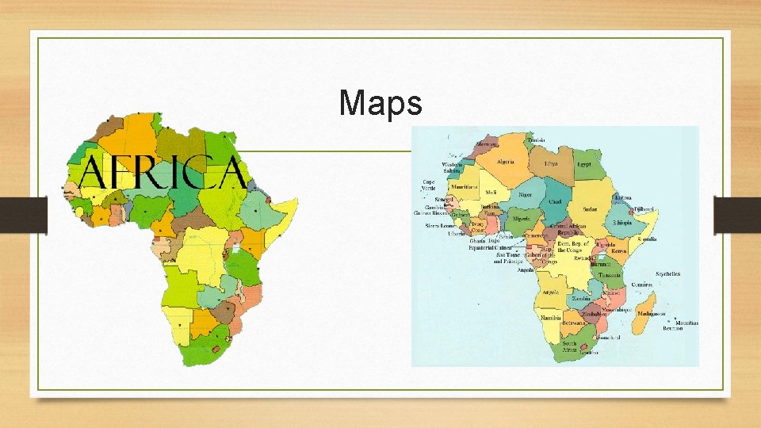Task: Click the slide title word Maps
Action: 380,102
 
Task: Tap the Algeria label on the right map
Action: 506,162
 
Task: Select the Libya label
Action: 551,163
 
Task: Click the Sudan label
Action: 590,209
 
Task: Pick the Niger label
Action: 525,194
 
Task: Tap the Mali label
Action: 491,192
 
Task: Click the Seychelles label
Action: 666,274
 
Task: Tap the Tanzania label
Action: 610,274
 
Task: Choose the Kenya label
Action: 618,250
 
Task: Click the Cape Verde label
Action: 428,185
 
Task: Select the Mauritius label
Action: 687,324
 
